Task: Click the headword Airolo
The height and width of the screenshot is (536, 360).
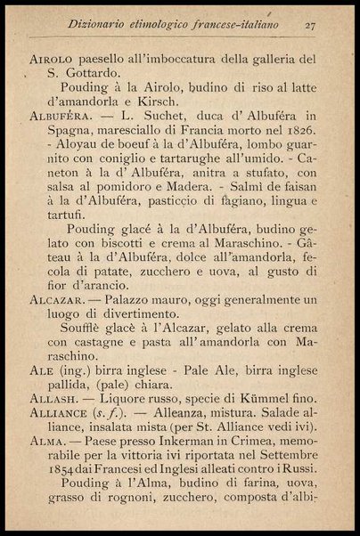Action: (50, 59)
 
